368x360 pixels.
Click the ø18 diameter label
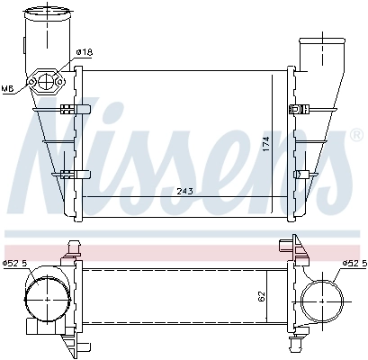tap(84, 53)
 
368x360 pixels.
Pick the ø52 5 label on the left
tap(16, 263)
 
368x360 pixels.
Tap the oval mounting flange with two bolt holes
tap(44, 83)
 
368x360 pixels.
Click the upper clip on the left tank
tap(72, 110)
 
